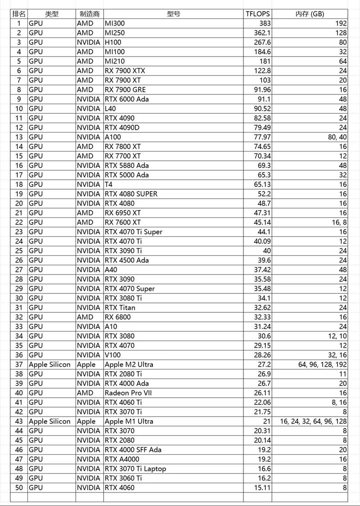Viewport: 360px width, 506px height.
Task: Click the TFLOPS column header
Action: (x=258, y=14)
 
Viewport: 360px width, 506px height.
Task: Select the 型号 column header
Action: (x=174, y=14)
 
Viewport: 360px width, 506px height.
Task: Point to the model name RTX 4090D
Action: (x=122, y=128)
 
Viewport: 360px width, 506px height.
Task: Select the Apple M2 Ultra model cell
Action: (x=129, y=364)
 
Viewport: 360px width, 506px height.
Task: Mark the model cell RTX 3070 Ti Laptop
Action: (x=135, y=469)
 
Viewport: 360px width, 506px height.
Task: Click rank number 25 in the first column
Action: (x=18, y=251)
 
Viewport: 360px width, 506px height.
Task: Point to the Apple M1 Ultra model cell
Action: (x=129, y=422)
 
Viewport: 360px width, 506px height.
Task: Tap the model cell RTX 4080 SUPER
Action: (x=131, y=194)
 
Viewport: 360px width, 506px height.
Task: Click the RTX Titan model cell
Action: (x=120, y=308)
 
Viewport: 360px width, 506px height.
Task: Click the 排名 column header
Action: (x=18, y=14)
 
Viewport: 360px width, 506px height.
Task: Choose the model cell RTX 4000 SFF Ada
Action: (x=133, y=450)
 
